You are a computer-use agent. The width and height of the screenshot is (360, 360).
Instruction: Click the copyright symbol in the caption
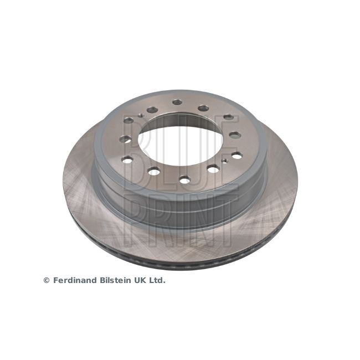coord(47,280)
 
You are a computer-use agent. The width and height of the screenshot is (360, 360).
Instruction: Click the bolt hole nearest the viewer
coord(184,179)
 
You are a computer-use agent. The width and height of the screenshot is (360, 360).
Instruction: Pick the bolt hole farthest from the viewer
coord(177,102)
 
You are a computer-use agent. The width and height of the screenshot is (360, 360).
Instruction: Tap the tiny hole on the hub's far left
coord(141,116)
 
